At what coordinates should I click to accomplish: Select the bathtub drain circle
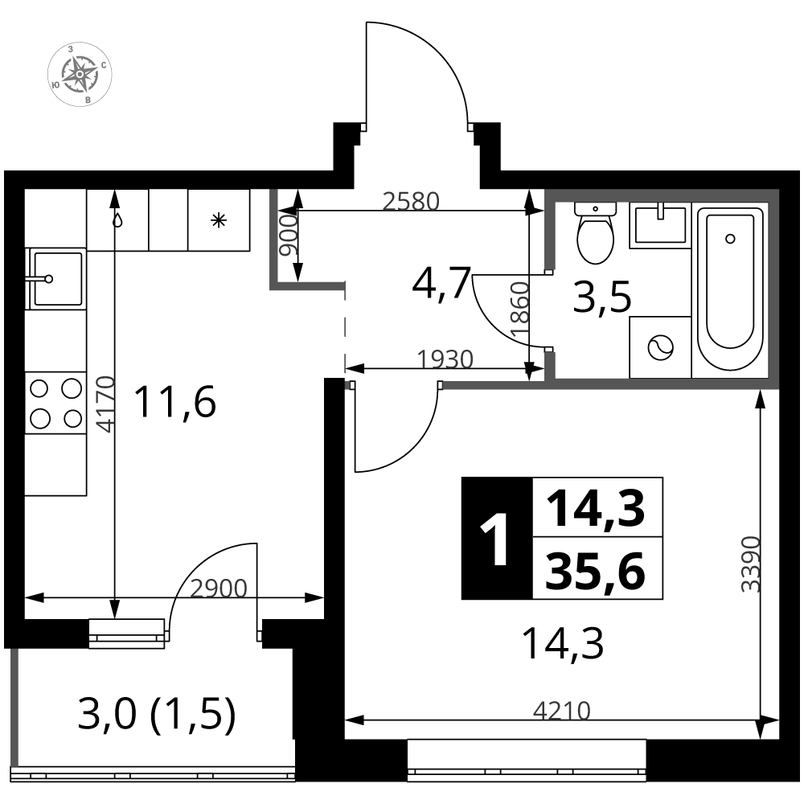tap(730, 239)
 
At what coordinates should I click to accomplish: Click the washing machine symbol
tap(660, 347)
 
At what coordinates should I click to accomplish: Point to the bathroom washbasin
tap(659, 225)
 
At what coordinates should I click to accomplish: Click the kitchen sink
tap(55, 278)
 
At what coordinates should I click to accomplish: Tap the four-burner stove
tap(55, 403)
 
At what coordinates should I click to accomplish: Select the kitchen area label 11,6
tap(175, 402)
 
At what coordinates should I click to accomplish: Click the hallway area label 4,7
tap(440, 283)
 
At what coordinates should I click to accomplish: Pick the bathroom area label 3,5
tap(601, 298)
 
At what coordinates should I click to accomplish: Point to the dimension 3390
tap(750, 563)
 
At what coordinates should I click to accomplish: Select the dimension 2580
tap(411, 201)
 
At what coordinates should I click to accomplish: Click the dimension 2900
tap(218, 589)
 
